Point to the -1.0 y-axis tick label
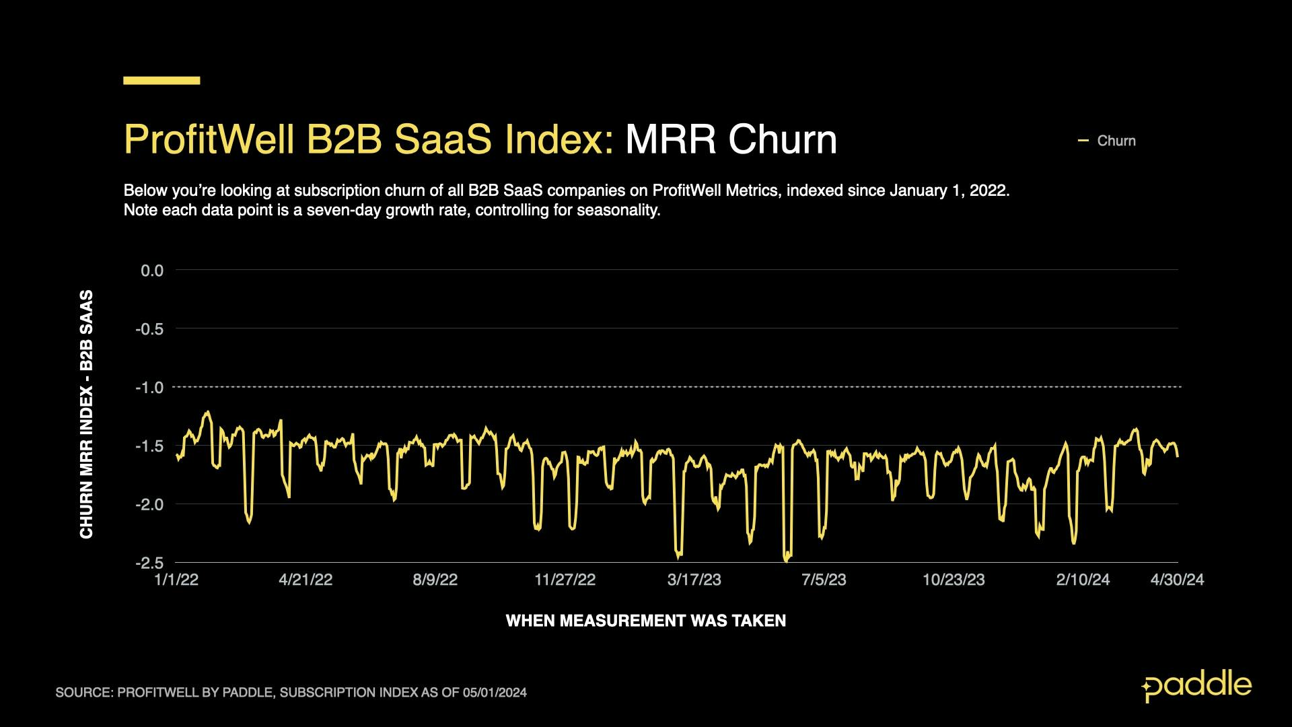tap(149, 388)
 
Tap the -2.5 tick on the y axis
tap(149, 563)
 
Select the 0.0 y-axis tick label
tap(151, 271)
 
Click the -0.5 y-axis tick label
tap(149, 329)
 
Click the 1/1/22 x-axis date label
tap(176, 580)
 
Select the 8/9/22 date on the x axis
tap(435, 580)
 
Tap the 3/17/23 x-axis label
tap(694, 580)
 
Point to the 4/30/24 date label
tap(1176, 580)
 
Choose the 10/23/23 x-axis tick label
tap(953, 580)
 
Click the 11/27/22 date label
tap(565, 580)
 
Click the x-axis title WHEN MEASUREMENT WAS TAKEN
tap(645, 621)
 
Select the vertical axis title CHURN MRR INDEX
tap(87, 414)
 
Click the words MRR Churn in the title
tap(731, 140)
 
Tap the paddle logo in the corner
tap(1196, 686)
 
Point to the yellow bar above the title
tap(161, 81)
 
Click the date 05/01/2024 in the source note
tap(495, 693)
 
